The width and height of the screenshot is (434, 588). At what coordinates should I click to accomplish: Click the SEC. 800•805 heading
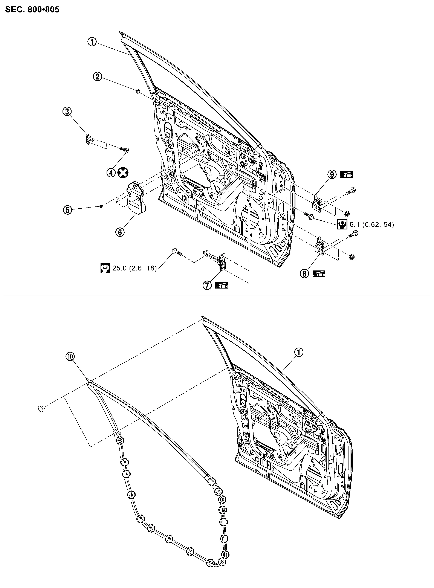32,10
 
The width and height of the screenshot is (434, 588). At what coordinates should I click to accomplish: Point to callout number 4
111,173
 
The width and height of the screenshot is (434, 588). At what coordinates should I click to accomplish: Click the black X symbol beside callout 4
123,173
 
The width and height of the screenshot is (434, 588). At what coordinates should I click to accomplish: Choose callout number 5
67,210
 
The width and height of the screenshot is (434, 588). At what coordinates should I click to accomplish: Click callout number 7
207,285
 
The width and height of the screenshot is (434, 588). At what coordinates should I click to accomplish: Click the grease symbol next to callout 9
347,175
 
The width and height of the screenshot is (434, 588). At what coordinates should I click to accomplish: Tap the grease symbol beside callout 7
222,286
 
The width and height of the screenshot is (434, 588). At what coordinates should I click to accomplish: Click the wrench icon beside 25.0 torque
105,268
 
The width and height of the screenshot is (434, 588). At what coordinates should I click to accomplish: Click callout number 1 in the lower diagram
299,352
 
